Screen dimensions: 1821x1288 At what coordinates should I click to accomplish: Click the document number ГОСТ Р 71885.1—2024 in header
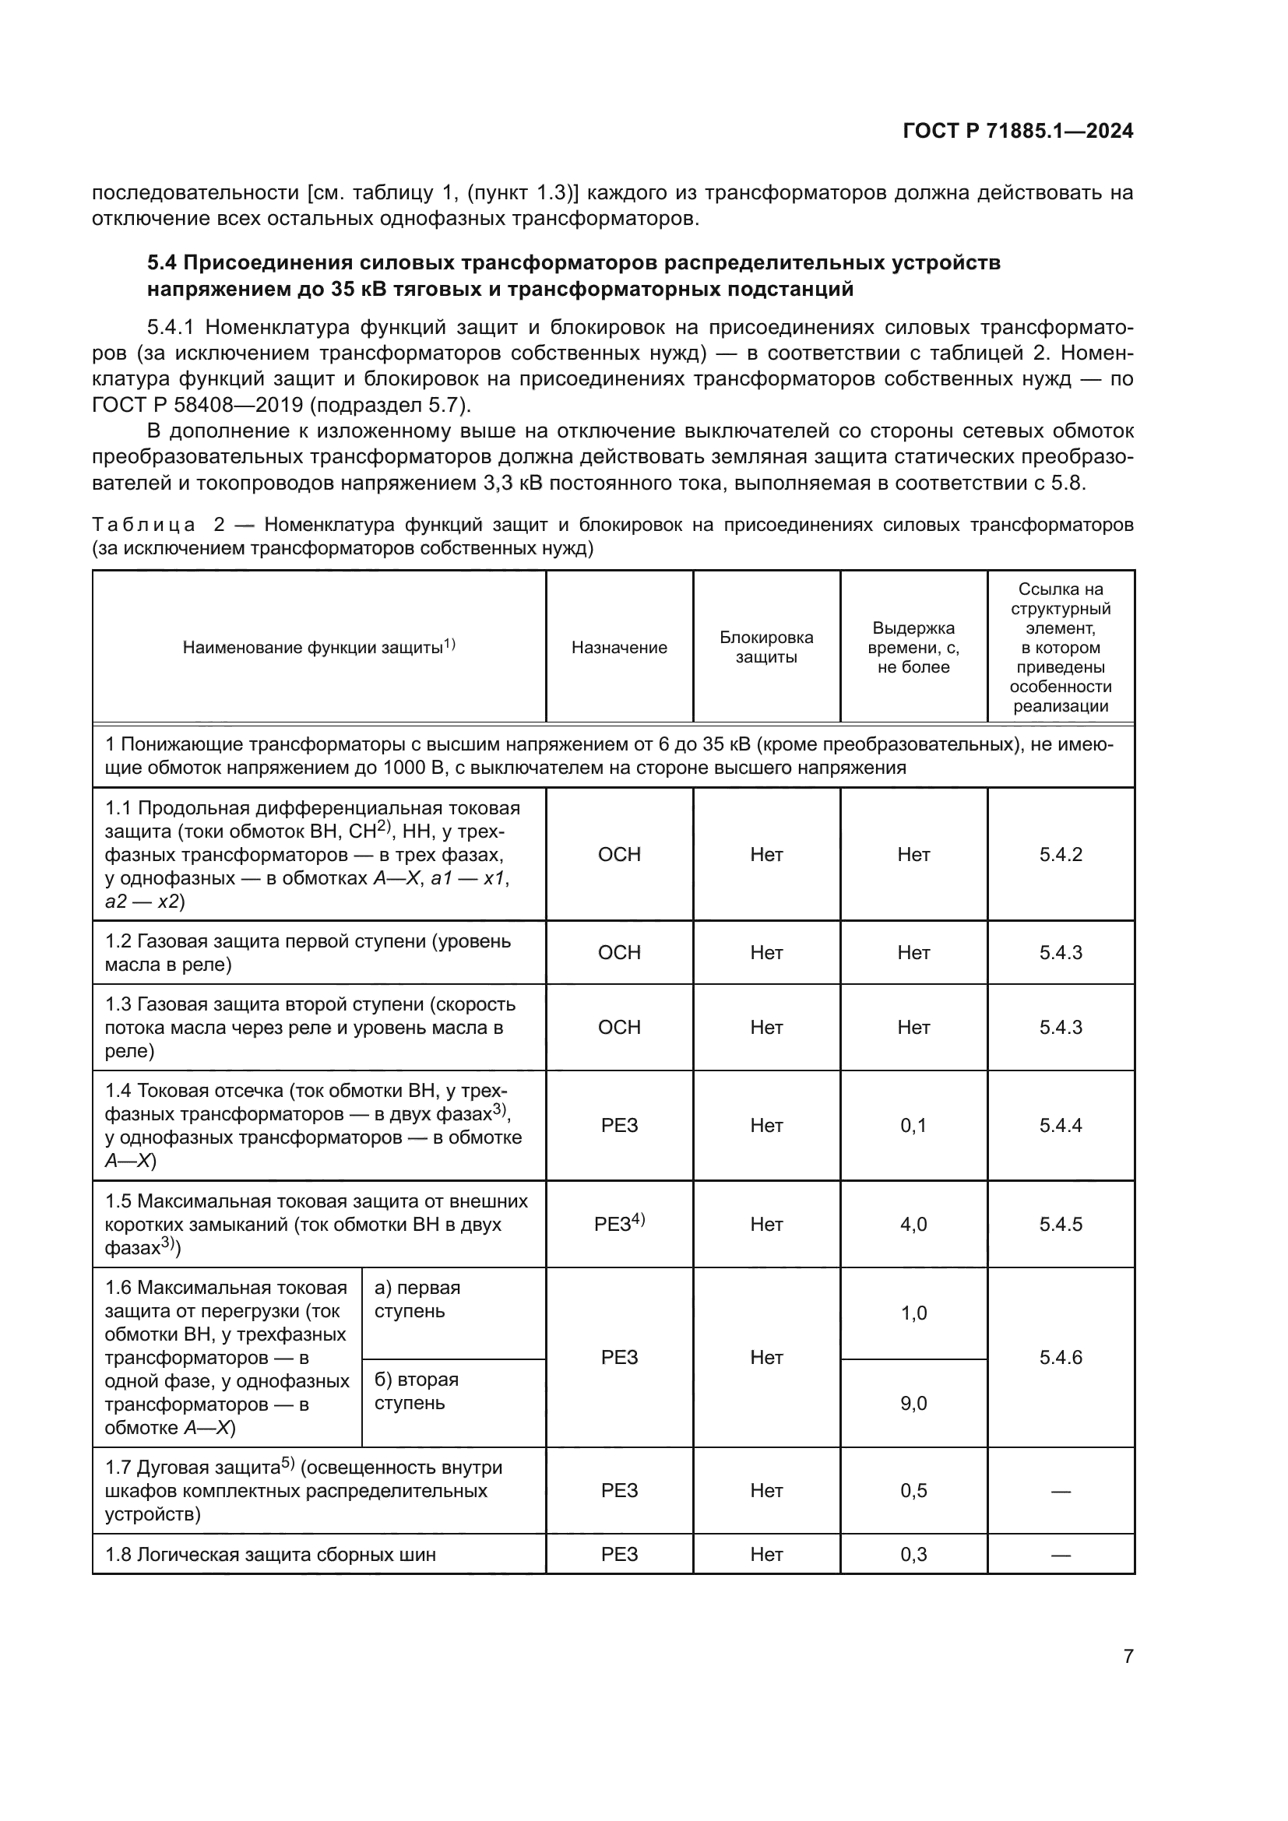(1018, 131)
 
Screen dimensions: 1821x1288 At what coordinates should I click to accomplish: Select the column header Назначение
(618, 647)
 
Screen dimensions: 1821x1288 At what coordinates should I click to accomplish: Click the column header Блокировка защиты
(766, 647)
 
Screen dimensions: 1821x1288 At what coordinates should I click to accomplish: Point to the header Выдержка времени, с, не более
(913, 647)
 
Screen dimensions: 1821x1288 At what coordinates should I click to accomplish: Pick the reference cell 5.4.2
(1061, 854)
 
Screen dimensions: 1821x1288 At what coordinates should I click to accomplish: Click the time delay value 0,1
(913, 1126)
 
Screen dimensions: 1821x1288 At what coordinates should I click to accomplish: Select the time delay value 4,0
(913, 1224)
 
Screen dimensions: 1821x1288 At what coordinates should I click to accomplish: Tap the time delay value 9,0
(913, 1403)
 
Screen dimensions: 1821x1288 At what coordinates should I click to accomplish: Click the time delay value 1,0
(913, 1313)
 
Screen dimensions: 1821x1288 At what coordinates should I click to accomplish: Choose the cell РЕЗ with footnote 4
(618, 1224)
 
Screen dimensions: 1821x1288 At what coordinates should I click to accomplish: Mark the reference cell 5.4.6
(1061, 1357)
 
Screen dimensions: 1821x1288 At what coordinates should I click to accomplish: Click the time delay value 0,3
(913, 1554)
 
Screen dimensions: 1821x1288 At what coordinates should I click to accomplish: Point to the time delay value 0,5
(913, 1490)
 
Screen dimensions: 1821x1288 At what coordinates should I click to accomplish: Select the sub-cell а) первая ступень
(417, 1299)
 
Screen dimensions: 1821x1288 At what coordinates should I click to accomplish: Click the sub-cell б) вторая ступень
(417, 1390)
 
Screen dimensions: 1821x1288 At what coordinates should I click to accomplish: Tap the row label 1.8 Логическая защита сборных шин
(270, 1554)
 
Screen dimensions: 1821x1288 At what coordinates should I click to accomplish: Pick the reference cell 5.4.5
(1061, 1224)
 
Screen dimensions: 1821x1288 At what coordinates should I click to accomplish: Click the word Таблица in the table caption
(143, 525)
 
